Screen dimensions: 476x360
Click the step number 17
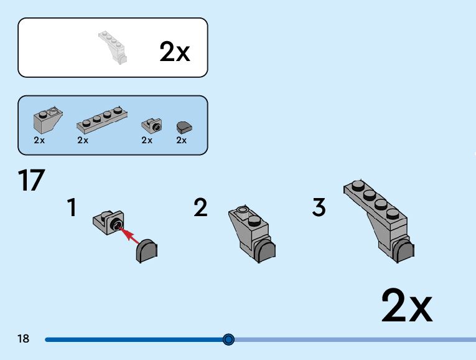(x=32, y=180)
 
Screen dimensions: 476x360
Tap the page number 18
(x=24, y=339)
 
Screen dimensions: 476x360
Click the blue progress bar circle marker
(x=228, y=339)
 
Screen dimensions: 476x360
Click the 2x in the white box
(x=174, y=51)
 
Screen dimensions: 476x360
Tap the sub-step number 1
(x=72, y=207)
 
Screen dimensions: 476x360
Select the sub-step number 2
(x=200, y=207)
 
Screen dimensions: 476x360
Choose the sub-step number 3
(x=319, y=207)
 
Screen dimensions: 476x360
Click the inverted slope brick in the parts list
(x=47, y=116)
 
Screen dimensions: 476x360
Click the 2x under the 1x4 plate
(x=83, y=140)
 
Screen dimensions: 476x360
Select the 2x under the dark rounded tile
(x=181, y=140)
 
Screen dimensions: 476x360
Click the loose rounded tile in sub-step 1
(x=147, y=250)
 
